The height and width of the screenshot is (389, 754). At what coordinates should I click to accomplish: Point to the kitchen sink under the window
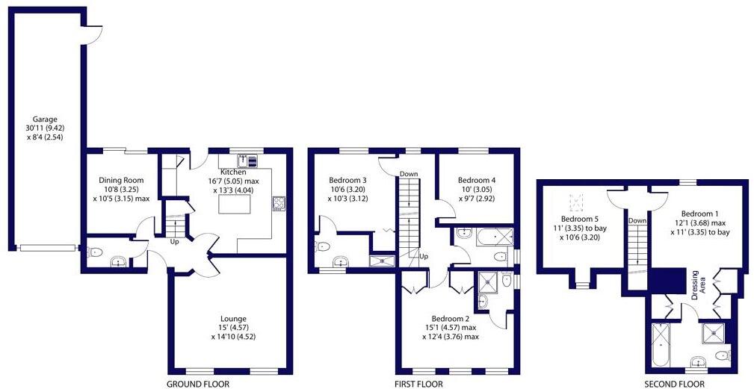click(247, 160)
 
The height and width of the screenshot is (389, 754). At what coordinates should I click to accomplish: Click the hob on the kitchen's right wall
click(279, 203)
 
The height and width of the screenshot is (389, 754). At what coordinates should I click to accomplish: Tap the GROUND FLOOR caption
click(198, 385)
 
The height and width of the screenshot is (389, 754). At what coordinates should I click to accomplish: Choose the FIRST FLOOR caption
click(418, 385)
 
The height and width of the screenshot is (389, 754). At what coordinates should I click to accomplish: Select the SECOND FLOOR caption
click(676, 385)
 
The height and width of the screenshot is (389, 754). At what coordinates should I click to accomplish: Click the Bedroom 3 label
click(347, 180)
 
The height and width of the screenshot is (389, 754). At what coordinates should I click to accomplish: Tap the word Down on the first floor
click(409, 174)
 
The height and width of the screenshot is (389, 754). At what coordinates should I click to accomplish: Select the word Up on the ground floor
click(173, 242)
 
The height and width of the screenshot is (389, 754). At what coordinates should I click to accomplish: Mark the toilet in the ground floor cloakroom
click(95, 253)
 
